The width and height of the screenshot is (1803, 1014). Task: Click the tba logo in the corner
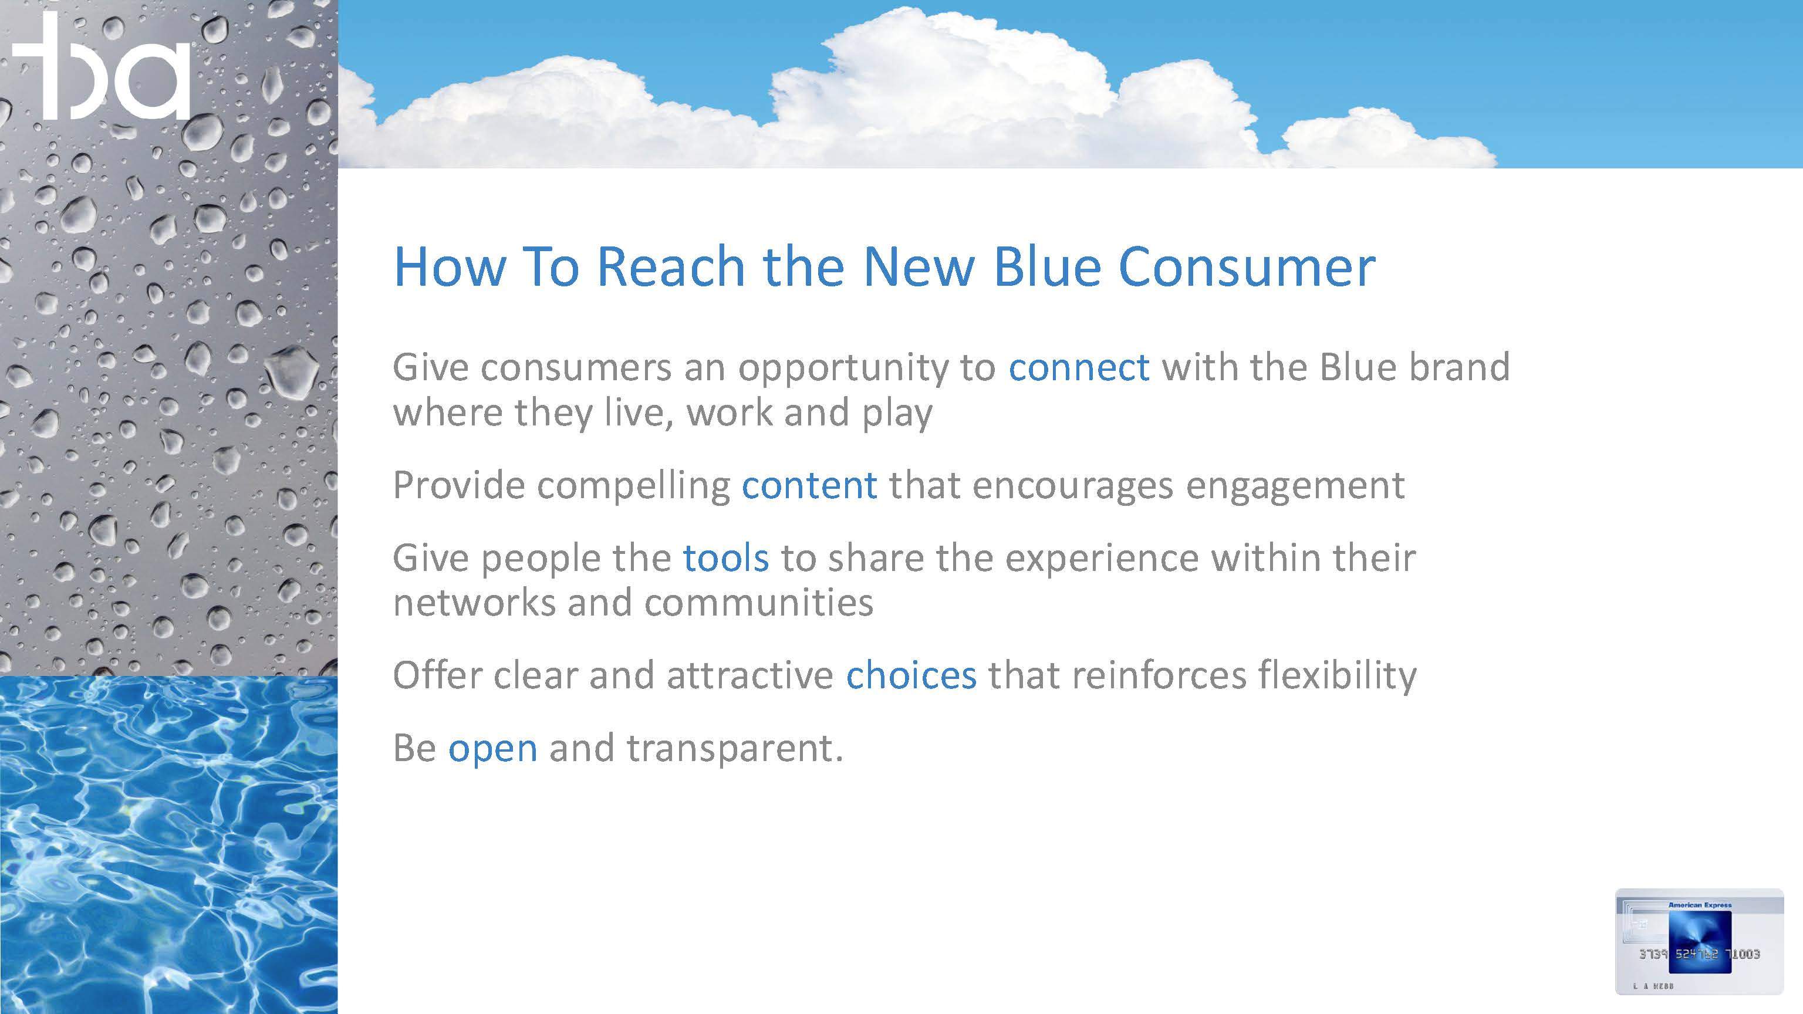point(102,66)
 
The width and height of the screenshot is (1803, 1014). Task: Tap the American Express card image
point(1699,942)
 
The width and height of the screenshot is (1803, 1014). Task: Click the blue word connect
point(1079,367)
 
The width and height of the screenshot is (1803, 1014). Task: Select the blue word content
point(809,485)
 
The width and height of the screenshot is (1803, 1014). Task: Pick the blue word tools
point(726,557)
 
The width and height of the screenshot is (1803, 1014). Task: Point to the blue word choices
point(911,675)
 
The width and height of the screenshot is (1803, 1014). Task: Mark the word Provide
point(458,485)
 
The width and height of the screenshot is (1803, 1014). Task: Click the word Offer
point(437,675)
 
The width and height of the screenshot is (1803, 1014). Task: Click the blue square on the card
point(1700,942)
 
